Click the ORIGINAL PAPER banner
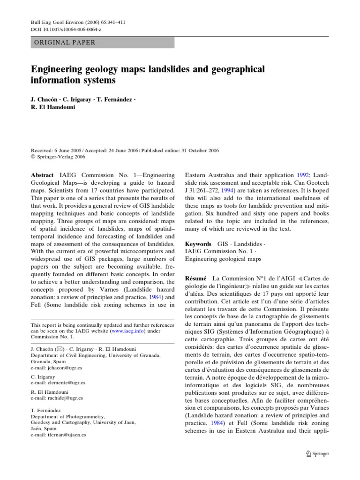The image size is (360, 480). click(102, 42)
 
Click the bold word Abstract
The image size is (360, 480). click(43, 174)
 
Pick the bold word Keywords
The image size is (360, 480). click(199, 244)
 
